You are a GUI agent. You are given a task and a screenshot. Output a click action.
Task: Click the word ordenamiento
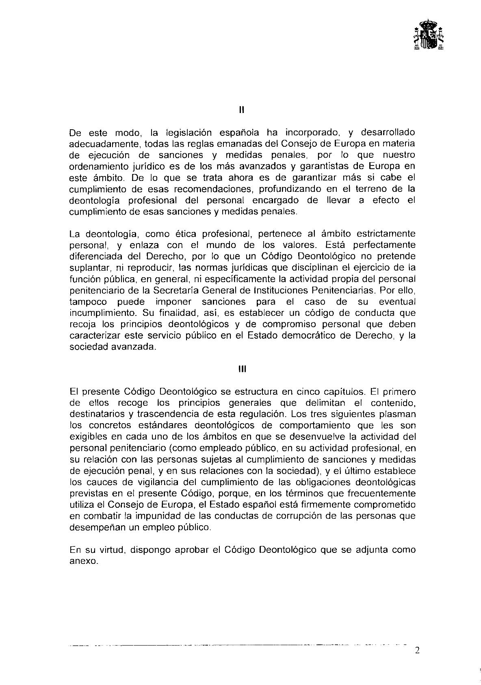[x=94, y=166]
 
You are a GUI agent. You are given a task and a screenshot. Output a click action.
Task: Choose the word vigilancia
[x=126, y=482]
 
